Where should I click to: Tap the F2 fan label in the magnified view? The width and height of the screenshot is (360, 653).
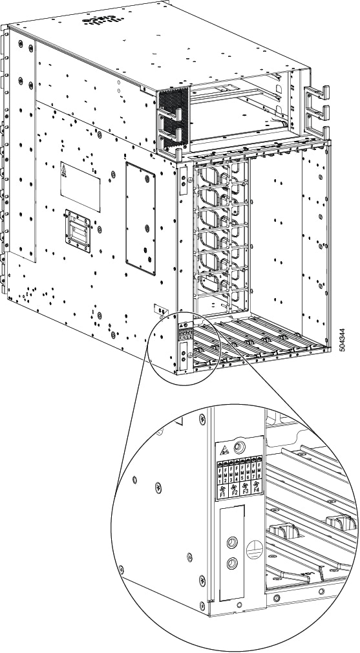coord(235,492)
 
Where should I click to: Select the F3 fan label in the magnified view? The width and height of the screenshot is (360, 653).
coord(246,491)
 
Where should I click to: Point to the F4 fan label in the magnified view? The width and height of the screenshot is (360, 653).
coord(257,489)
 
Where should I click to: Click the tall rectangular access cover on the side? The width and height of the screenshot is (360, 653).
coord(140,219)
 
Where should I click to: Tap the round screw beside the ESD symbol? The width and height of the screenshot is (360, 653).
coord(240,446)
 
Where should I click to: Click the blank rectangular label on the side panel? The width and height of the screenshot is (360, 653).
coord(81,181)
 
